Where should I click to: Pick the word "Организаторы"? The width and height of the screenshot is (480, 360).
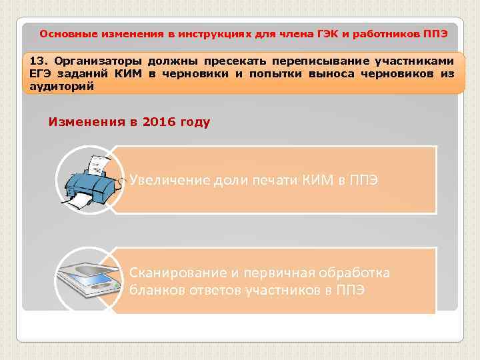pos(98,61)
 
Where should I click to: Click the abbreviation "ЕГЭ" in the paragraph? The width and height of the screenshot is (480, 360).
pos(40,73)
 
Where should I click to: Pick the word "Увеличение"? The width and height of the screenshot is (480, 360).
pos(170,180)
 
